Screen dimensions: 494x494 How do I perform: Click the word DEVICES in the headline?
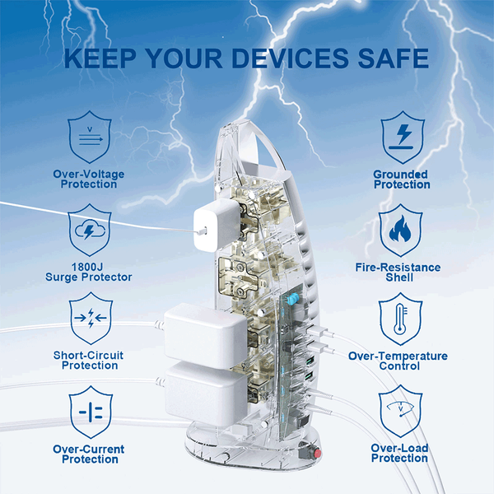290,58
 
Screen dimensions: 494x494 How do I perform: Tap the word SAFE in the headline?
394,58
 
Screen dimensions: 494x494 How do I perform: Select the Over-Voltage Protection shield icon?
90,137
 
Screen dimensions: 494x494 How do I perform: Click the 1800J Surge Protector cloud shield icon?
90,230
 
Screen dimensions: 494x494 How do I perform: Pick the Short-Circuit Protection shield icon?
91,318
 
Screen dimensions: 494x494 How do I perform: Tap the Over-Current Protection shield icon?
91,412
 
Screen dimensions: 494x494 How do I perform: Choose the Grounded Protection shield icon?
403,137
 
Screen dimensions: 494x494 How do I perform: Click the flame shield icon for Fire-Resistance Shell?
400,230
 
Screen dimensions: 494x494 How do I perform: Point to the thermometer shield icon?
400,319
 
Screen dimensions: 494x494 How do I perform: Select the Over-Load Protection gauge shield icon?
400,411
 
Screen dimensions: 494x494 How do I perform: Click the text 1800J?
87,267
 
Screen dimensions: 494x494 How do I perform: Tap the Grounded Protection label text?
402,179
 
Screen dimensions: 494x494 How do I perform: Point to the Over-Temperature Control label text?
398,361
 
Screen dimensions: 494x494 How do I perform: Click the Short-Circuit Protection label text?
89,360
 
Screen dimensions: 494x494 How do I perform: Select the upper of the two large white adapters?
205,336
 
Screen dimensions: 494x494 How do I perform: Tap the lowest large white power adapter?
206,394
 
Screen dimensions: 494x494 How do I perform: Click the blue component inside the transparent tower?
292,299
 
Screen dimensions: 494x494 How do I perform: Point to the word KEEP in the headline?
100,58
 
